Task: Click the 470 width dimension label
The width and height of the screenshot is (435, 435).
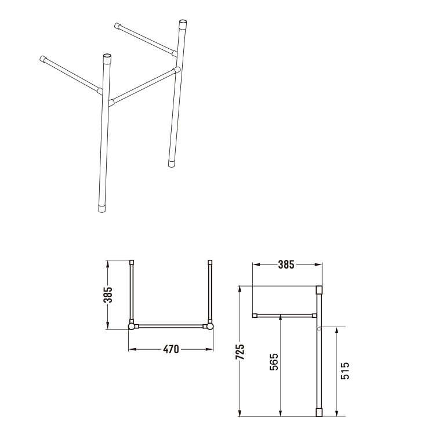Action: click(x=170, y=349)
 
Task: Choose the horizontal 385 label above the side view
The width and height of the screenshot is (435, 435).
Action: click(x=287, y=265)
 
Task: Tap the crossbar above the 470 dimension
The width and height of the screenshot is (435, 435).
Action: click(x=171, y=327)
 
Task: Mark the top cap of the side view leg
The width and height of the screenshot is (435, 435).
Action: click(x=318, y=289)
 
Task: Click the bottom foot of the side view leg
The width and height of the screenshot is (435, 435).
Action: click(x=318, y=412)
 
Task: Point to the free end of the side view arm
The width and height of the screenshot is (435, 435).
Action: click(x=255, y=316)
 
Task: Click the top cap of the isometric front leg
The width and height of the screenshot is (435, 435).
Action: click(x=106, y=59)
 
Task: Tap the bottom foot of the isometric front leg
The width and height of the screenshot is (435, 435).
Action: click(x=101, y=209)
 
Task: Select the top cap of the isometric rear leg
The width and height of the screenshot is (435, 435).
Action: click(x=183, y=25)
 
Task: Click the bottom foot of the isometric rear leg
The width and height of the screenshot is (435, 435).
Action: click(x=172, y=164)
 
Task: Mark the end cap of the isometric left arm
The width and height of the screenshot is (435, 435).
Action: click(x=42, y=58)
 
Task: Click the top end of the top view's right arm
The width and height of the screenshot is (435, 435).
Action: click(x=209, y=263)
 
